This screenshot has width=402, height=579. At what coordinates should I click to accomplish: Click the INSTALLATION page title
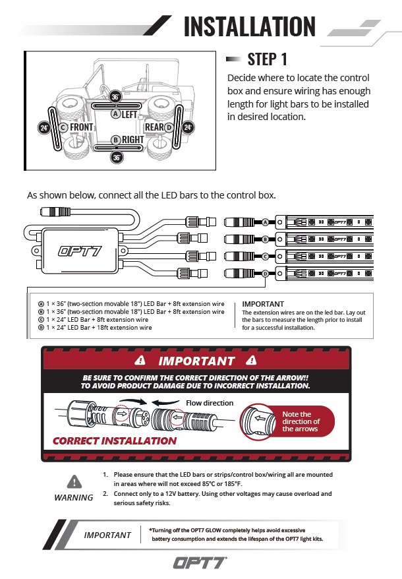(250, 26)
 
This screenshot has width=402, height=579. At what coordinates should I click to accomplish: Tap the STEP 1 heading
(267, 59)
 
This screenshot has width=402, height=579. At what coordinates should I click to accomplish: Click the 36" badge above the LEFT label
(116, 96)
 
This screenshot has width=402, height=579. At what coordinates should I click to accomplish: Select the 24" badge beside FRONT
(45, 127)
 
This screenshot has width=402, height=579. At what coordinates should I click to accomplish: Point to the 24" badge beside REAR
(188, 127)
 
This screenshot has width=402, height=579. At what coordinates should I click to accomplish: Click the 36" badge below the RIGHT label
(116, 157)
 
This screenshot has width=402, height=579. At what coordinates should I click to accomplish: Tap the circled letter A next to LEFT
(115, 113)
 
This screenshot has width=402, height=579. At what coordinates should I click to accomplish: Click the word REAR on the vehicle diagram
(154, 127)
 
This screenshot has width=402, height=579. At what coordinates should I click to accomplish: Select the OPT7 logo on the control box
(79, 251)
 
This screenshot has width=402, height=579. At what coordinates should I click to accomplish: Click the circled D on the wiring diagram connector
(265, 273)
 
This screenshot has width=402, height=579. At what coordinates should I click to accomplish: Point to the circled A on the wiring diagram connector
(265, 222)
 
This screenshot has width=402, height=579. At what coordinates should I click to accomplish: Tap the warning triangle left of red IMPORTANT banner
(139, 361)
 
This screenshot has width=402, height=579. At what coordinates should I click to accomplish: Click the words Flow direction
(210, 403)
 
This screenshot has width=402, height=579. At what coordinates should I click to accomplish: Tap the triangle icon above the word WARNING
(74, 481)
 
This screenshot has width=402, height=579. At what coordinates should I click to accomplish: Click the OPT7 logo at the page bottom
(200, 563)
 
